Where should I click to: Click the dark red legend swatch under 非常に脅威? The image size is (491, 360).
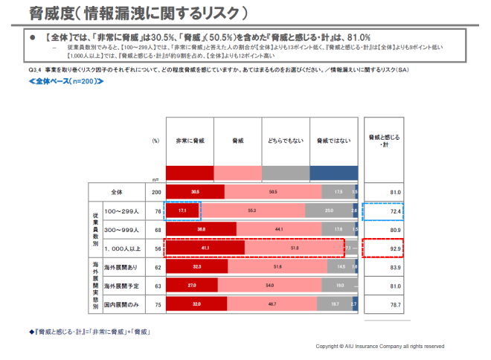click(188, 173)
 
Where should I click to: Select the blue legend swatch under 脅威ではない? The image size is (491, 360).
click(333, 173)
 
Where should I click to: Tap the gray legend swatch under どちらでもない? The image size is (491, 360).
click(285, 173)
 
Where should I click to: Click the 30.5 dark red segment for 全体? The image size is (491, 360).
click(195, 192)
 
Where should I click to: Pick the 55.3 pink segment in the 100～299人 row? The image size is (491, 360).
click(252, 211)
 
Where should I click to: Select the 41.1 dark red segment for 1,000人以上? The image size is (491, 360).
click(205, 248)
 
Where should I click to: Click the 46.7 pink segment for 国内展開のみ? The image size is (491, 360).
click(272, 304)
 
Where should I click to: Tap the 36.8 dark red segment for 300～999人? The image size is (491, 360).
click(201, 229)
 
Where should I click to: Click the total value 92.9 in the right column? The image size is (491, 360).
click(394, 248)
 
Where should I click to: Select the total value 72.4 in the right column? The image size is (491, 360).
click(394, 211)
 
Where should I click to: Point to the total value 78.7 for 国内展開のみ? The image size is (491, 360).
click(394, 304)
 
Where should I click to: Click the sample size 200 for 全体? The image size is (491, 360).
click(156, 192)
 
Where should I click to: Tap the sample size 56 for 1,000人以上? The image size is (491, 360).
click(156, 248)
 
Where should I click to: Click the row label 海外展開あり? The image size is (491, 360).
click(121, 266)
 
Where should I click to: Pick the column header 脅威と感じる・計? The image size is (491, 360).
click(385, 140)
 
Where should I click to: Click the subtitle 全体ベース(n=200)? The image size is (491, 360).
click(62, 80)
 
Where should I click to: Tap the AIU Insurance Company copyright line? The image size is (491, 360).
click(379, 346)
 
